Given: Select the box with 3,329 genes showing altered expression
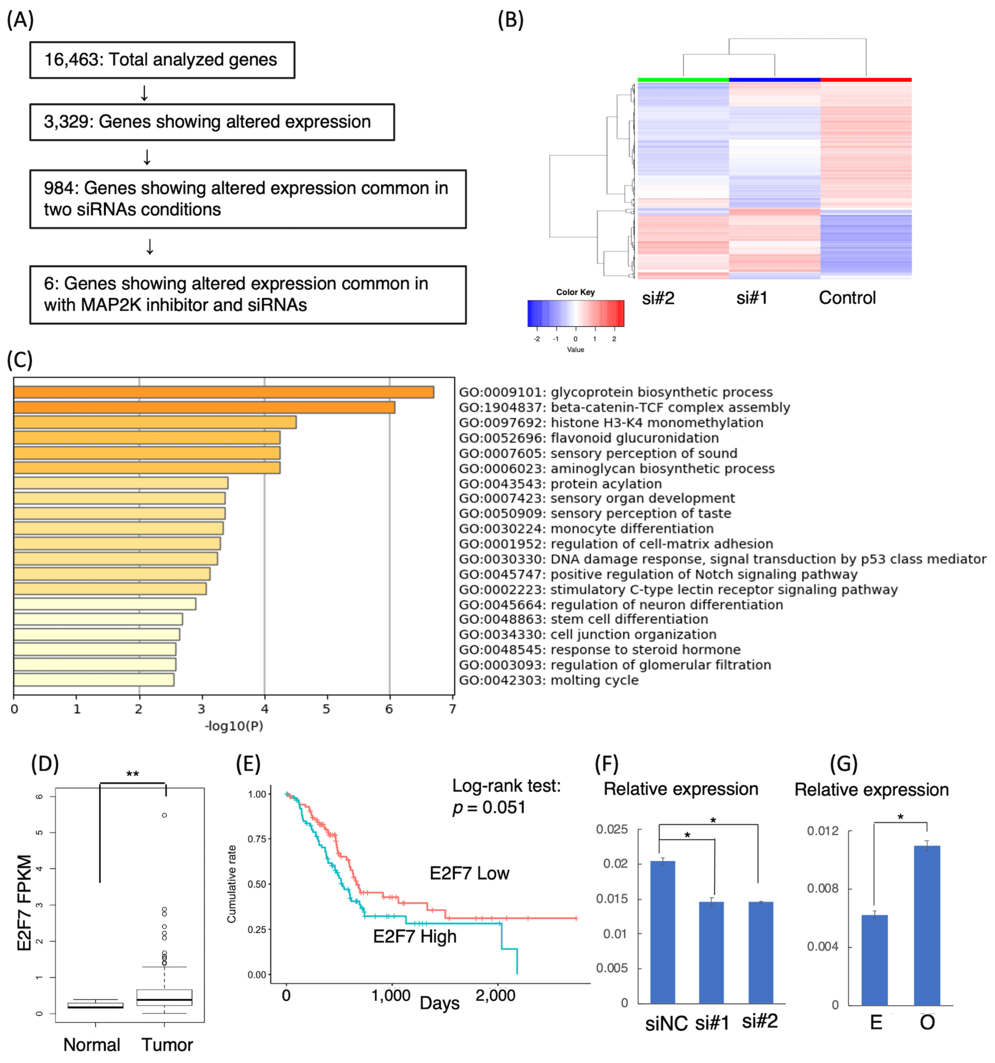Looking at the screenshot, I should tap(212, 122).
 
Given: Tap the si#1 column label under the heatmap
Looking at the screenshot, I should tap(751, 298).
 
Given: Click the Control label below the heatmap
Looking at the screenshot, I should tap(847, 298).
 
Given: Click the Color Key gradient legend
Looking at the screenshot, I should tap(575, 313).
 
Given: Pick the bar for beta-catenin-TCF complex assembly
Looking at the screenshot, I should tap(204, 407).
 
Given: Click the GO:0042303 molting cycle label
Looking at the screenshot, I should tap(549, 680).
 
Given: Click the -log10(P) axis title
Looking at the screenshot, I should tap(234, 726).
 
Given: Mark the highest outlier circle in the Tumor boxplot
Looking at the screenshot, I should tap(164, 815).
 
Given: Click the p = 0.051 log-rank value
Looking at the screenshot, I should tap(489, 807).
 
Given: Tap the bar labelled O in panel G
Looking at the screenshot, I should tap(927, 925).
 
